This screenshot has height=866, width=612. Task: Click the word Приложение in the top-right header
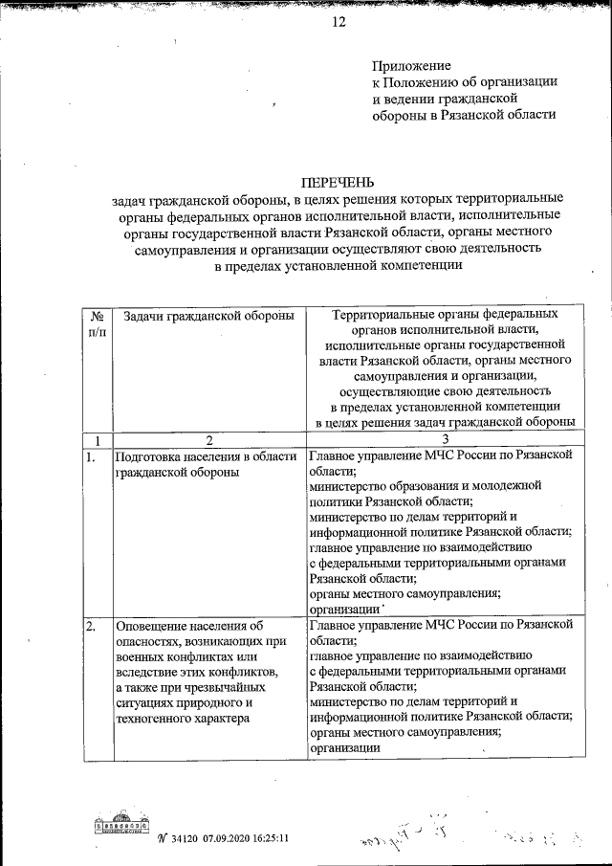[x=410, y=65]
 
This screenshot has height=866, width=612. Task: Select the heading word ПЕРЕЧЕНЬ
[x=339, y=182]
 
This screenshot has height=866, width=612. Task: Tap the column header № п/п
[x=97, y=322]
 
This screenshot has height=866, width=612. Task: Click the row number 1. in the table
[x=91, y=456]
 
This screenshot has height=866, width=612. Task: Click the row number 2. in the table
[x=91, y=626]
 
